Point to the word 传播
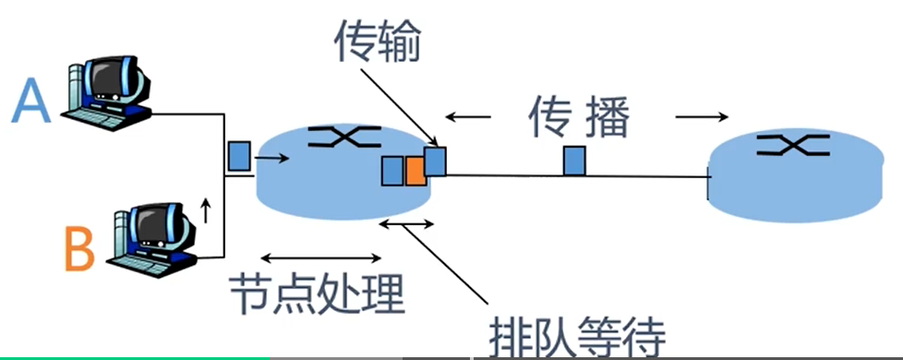tap(579, 119)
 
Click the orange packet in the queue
tap(415, 171)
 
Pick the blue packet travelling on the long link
tap(574, 161)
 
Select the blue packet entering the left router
tap(240, 154)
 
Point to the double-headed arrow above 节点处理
tap(320, 258)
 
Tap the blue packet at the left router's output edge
tap(436, 161)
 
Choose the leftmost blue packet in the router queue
tap(392, 171)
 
